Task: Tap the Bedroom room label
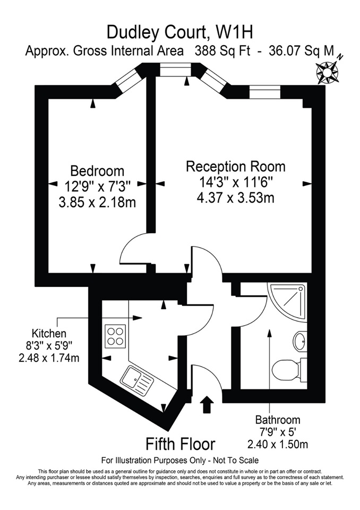click(x=97, y=171)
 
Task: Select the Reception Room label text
click(x=236, y=166)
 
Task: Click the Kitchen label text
click(x=49, y=334)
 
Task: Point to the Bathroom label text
click(x=278, y=420)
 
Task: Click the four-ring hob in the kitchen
click(x=115, y=336)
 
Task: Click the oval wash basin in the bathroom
click(x=300, y=341)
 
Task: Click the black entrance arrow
click(x=206, y=404)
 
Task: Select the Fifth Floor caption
click(x=181, y=444)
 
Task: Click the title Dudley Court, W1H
click(x=180, y=32)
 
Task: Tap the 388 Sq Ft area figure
click(x=223, y=51)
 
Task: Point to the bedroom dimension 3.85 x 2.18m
click(x=97, y=202)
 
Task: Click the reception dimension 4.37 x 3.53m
click(x=236, y=198)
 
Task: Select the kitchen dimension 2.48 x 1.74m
click(x=49, y=358)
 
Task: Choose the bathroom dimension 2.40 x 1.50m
click(x=278, y=444)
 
